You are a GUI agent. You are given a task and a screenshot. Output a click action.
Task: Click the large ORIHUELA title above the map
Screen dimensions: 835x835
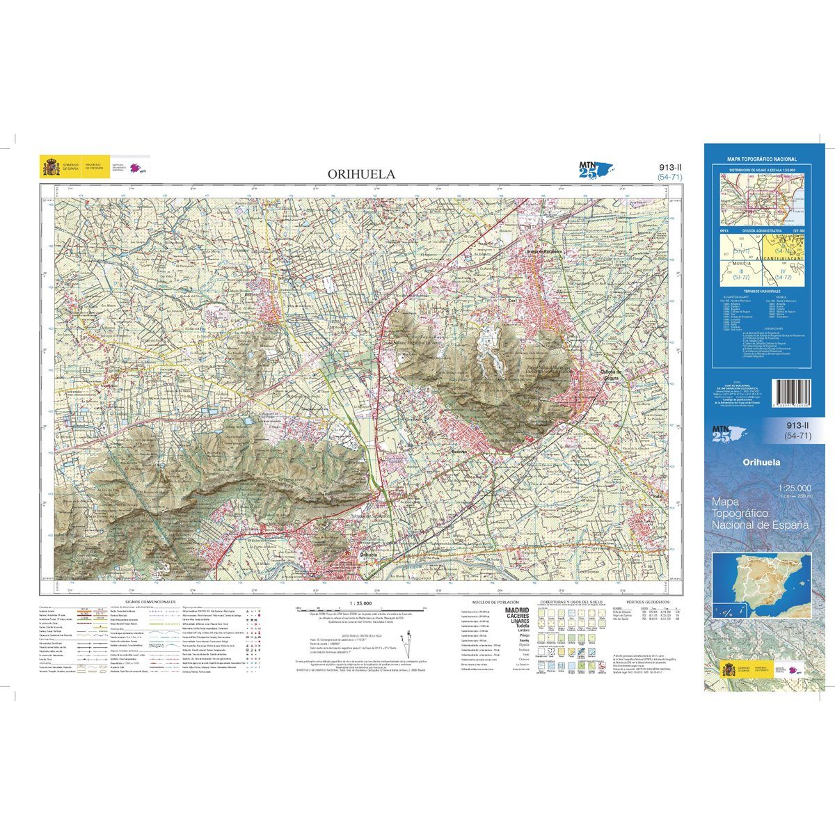click(x=361, y=174)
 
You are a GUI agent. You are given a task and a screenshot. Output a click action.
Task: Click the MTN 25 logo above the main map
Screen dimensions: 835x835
click(x=596, y=169)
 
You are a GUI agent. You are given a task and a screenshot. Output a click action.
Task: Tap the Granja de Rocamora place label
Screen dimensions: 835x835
click(x=543, y=252)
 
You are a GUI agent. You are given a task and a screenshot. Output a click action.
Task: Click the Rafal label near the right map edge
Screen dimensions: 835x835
click(x=655, y=496)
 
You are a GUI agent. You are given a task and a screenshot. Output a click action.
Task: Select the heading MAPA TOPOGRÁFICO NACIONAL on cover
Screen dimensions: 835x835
click(x=761, y=159)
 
